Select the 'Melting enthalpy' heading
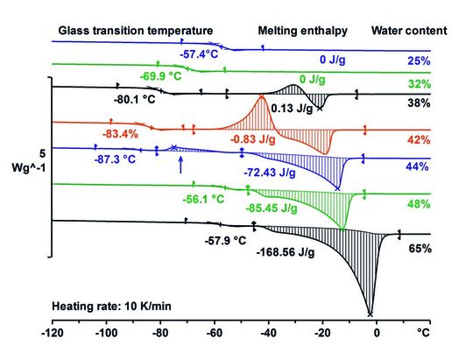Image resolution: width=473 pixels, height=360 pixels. tap(302, 31)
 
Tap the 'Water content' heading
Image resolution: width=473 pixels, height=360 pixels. tap(409, 31)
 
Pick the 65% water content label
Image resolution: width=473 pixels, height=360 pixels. tap(420, 250)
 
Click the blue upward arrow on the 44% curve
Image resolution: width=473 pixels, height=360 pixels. tap(180, 164)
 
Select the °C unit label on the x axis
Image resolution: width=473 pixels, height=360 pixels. tap(425, 335)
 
